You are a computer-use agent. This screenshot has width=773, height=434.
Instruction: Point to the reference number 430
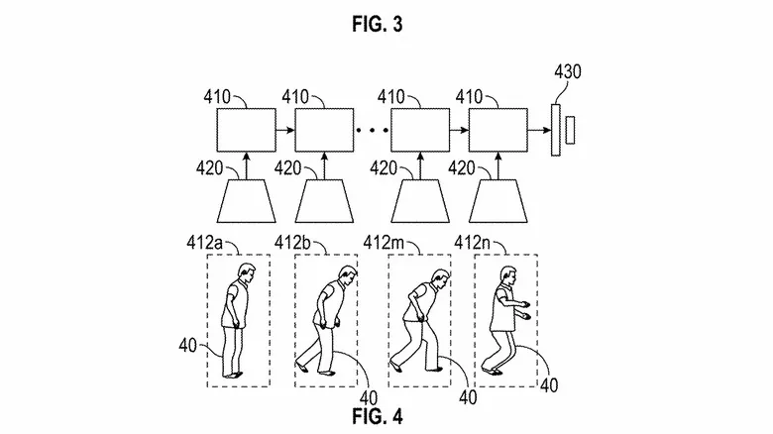[x=567, y=72]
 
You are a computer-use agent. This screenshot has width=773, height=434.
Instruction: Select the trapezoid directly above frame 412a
[x=247, y=200]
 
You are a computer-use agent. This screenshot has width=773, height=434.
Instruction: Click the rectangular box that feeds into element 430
[x=498, y=130]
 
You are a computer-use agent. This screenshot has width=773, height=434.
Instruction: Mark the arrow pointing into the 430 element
[x=540, y=130]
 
